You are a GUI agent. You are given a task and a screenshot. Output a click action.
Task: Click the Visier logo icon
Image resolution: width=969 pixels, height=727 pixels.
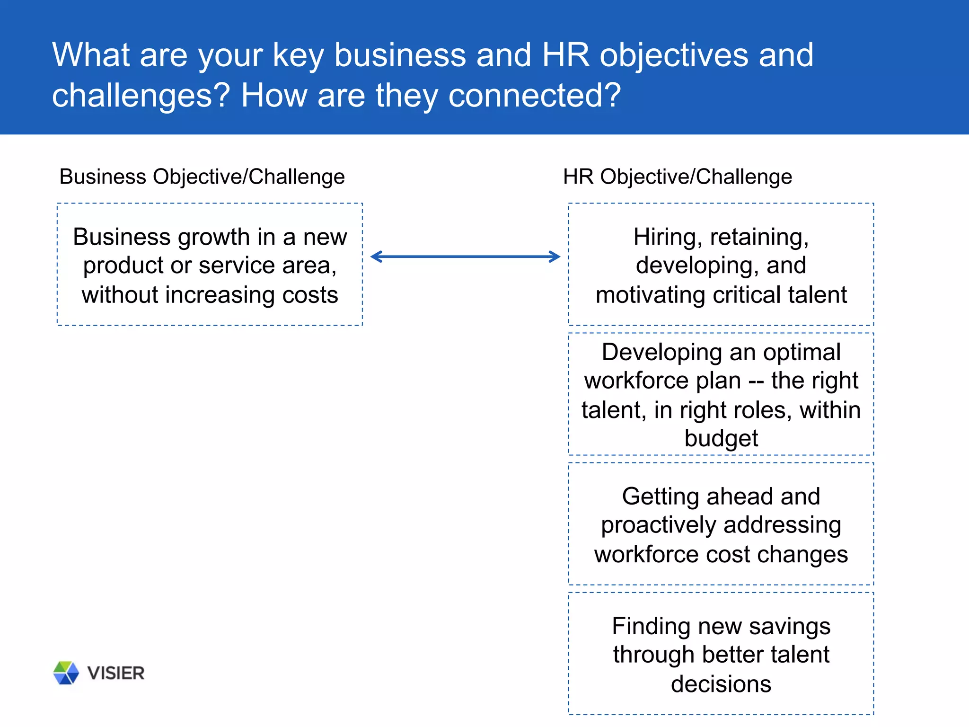pyautogui.click(x=66, y=673)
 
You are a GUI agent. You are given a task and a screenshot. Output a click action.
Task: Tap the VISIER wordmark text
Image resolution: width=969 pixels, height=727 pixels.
pyautogui.click(x=116, y=673)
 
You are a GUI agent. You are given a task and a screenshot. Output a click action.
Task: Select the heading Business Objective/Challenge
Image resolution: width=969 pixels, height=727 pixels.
pyautogui.click(x=202, y=177)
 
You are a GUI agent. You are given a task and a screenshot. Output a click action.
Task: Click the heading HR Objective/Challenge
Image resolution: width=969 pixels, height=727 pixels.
pyautogui.click(x=677, y=177)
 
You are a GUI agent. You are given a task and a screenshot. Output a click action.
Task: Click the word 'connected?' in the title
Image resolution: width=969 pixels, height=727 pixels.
pyautogui.click(x=534, y=96)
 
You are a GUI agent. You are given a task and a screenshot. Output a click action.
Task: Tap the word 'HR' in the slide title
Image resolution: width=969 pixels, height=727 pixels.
pyautogui.click(x=566, y=55)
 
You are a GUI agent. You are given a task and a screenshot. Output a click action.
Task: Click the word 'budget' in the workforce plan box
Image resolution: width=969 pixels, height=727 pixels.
pyautogui.click(x=721, y=438)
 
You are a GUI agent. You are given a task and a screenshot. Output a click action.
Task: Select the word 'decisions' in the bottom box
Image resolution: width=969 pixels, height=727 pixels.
pyautogui.click(x=721, y=684)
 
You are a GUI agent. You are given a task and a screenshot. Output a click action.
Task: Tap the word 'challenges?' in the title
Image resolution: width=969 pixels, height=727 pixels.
pyautogui.click(x=141, y=96)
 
